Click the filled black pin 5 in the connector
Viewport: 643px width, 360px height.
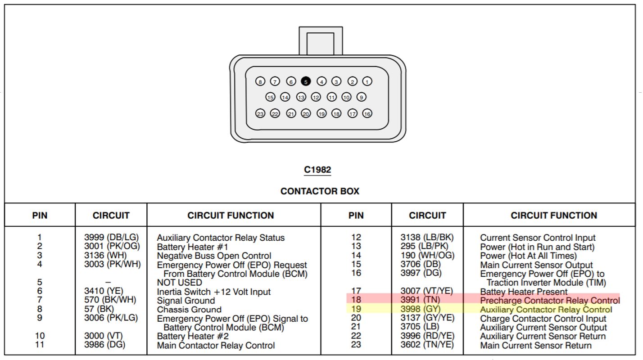click(306, 81)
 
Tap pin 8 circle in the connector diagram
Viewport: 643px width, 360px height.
click(260, 81)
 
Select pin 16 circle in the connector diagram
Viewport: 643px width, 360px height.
click(367, 114)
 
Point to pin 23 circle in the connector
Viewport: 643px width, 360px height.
click(260, 114)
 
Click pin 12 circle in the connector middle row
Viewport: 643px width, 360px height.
click(316, 97)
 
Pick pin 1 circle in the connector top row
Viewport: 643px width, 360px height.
click(367, 81)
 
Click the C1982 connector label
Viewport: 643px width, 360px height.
click(317, 170)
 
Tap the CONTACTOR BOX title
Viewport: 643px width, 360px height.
click(320, 191)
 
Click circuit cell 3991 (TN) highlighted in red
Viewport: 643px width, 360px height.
click(420, 300)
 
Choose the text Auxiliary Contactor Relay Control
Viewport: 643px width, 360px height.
click(546, 310)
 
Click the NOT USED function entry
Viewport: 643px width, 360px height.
click(179, 283)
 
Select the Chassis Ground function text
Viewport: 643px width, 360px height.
click(189, 310)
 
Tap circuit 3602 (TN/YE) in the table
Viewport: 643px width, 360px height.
click(427, 345)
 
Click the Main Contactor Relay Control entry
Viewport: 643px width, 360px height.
click(216, 346)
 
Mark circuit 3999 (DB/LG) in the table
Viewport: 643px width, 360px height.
click(112, 237)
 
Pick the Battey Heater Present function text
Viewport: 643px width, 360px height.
click(524, 292)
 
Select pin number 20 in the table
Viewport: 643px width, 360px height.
click(356, 318)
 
